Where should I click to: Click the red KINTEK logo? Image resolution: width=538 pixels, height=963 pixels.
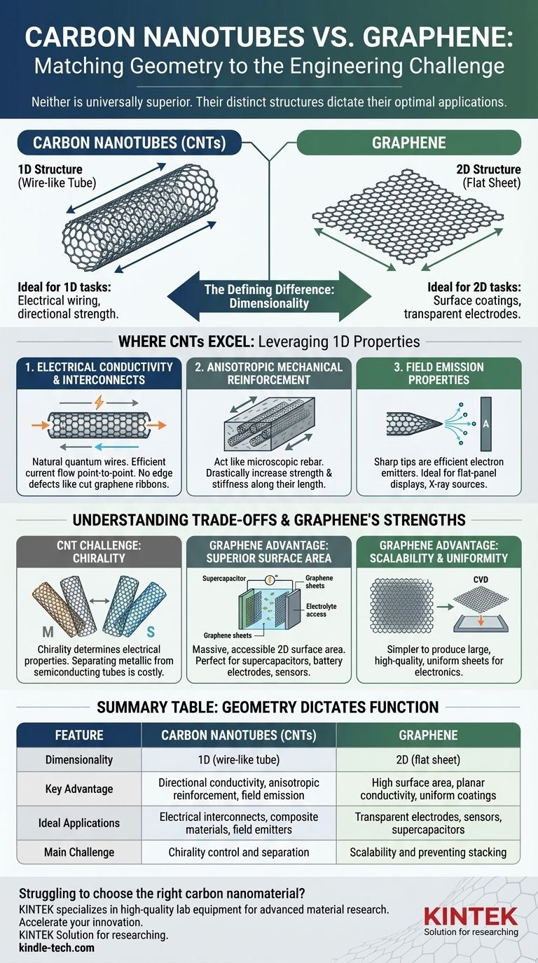(471, 916)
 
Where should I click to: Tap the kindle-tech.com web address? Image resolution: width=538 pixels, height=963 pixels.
(56, 947)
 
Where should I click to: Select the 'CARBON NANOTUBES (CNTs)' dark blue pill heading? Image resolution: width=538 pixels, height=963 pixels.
(129, 143)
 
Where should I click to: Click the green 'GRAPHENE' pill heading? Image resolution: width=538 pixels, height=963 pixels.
(409, 143)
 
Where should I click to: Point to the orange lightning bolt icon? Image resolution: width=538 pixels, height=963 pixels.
(99, 402)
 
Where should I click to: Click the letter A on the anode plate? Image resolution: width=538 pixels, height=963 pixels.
(486, 424)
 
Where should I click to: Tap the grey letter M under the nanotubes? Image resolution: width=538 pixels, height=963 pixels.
(48, 631)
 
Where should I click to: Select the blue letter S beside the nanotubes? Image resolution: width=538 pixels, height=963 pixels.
(151, 631)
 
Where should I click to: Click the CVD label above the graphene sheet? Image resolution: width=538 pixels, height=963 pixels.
(481, 579)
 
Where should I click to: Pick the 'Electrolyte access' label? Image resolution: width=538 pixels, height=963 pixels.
(321, 610)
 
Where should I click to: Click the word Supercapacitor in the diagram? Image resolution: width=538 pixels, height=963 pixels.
(223, 579)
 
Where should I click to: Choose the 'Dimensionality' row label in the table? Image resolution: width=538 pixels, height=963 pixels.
(79, 759)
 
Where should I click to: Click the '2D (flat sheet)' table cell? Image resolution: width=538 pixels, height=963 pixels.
(428, 759)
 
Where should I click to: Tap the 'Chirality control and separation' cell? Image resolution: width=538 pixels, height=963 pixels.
(239, 852)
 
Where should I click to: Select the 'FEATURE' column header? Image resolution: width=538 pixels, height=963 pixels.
(79, 735)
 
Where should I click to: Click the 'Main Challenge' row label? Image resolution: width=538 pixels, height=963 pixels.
(79, 852)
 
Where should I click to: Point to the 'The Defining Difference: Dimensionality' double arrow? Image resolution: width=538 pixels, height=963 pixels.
(269, 296)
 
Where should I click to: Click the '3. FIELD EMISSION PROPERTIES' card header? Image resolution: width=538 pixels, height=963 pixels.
(439, 373)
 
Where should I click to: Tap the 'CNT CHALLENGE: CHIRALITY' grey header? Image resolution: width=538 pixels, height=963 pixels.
(99, 551)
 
